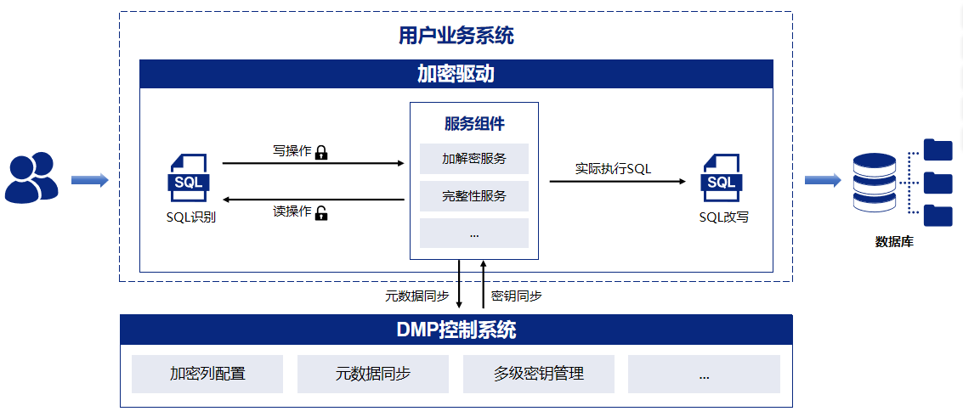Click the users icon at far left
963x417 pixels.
tap(31, 178)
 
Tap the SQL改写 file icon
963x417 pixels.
tap(721, 178)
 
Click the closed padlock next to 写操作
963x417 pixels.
tap(321, 153)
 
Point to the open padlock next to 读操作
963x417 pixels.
tap(321, 213)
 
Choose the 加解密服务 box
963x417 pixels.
tap(474, 159)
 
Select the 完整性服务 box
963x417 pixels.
tap(474, 196)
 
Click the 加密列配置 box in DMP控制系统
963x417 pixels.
tap(207, 374)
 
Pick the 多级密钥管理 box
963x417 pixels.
tap(539, 374)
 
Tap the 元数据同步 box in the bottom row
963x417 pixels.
tap(373, 374)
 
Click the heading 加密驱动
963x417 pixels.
tap(456, 75)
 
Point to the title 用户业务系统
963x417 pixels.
tap(456, 37)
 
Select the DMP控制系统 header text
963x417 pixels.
tap(456, 330)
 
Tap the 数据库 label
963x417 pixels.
tap(894, 242)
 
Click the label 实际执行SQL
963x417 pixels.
tap(613, 168)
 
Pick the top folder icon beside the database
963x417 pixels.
tap(938, 149)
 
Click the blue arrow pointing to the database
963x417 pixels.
tap(822, 180)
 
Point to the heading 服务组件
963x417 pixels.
tap(474, 124)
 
